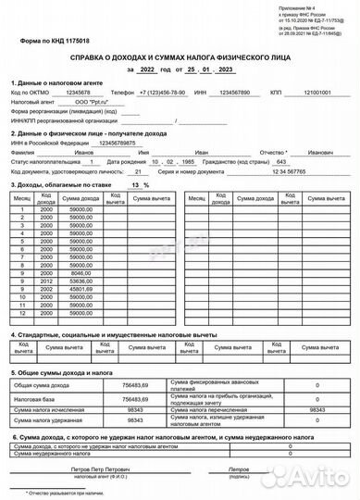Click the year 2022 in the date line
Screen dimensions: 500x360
[147, 70]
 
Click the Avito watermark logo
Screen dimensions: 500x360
[320, 478]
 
